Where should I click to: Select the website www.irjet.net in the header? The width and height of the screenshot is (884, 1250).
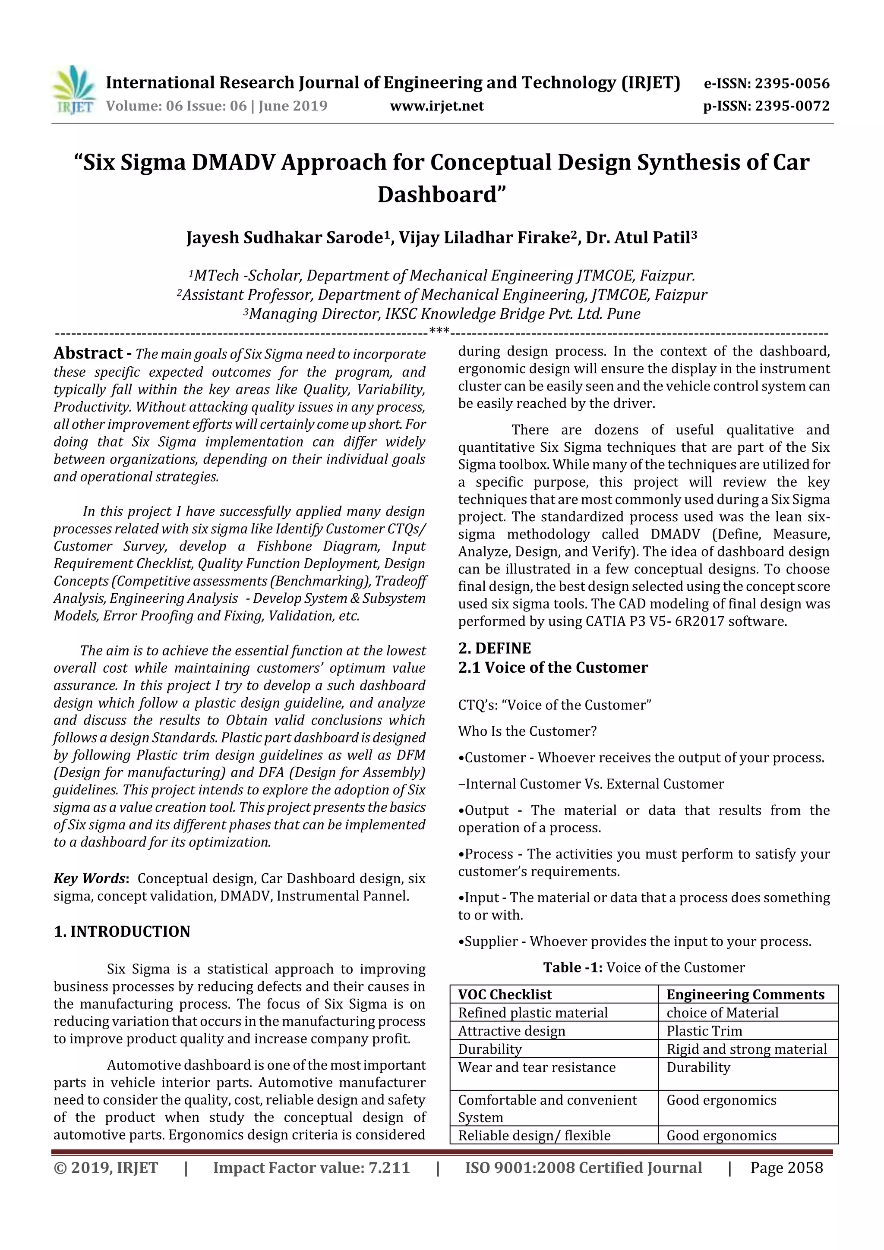[x=437, y=106]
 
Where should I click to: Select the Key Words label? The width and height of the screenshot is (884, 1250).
[x=90, y=878]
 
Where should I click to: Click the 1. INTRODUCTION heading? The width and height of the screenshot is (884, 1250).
[x=122, y=932]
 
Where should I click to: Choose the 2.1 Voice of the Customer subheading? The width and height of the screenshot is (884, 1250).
[x=553, y=668]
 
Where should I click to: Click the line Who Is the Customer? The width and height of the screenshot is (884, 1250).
[x=527, y=731]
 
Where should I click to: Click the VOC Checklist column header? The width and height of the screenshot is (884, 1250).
[x=505, y=995]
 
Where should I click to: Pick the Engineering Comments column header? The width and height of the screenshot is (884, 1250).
[x=745, y=995]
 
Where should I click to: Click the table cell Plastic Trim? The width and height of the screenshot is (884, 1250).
[x=704, y=1031]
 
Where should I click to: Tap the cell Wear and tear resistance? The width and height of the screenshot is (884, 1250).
[x=537, y=1067]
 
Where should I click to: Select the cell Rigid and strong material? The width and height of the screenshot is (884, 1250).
[x=746, y=1049]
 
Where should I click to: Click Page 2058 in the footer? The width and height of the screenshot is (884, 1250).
[x=786, y=1168]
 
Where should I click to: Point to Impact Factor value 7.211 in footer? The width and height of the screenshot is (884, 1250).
[x=311, y=1168]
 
